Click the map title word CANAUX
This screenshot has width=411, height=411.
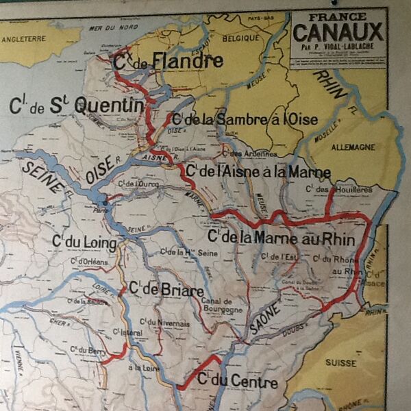pos(338,32)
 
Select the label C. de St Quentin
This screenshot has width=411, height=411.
pos(77,105)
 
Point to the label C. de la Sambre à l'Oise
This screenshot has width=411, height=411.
pos(250,119)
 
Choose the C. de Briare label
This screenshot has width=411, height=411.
pos(165,290)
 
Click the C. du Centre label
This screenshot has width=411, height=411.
pos(237,381)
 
